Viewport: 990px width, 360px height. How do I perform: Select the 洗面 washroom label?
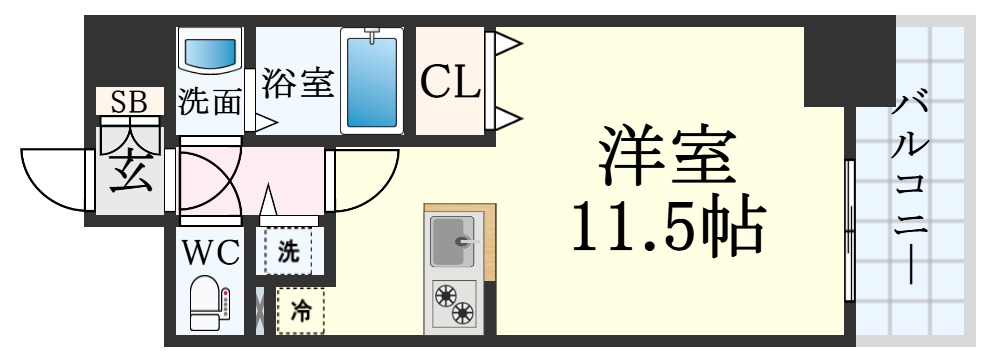(x=210, y=102)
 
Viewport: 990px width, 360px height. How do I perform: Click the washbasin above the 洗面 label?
(x=210, y=53)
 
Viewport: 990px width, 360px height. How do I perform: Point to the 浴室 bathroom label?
(x=297, y=83)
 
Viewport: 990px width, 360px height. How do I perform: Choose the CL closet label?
(x=450, y=82)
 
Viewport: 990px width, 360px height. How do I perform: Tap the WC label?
(x=210, y=253)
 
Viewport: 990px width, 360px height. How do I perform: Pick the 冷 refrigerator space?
(x=300, y=311)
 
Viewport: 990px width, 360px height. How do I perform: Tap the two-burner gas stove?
(x=455, y=303)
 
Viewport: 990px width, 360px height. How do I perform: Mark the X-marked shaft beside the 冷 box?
(x=260, y=311)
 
